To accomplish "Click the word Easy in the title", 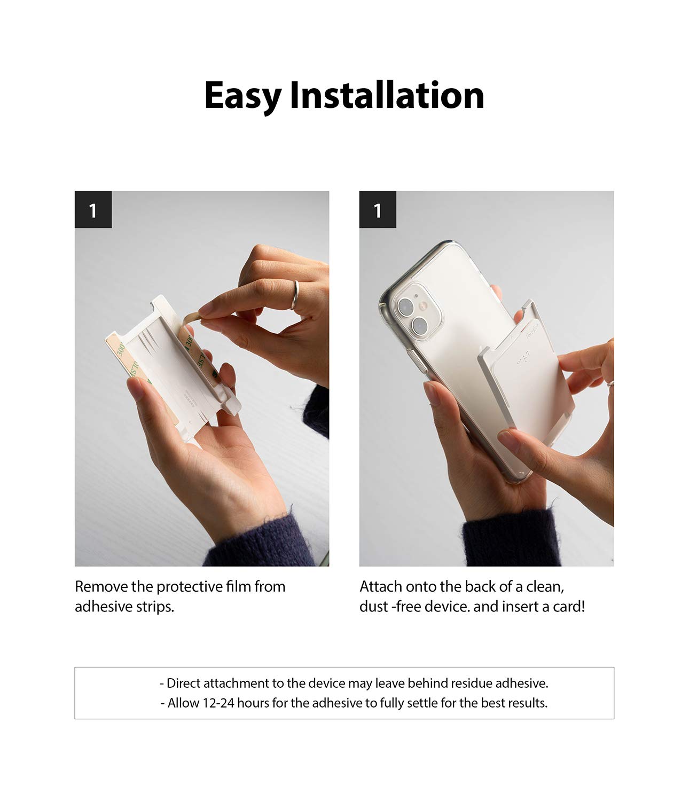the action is click(242, 96).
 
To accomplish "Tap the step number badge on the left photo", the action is click(93, 210).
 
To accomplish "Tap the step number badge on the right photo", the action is click(378, 210).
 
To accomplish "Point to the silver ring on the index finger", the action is click(295, 295).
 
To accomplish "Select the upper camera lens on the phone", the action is click(405, 307).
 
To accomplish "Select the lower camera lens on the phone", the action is click(420, 326).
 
